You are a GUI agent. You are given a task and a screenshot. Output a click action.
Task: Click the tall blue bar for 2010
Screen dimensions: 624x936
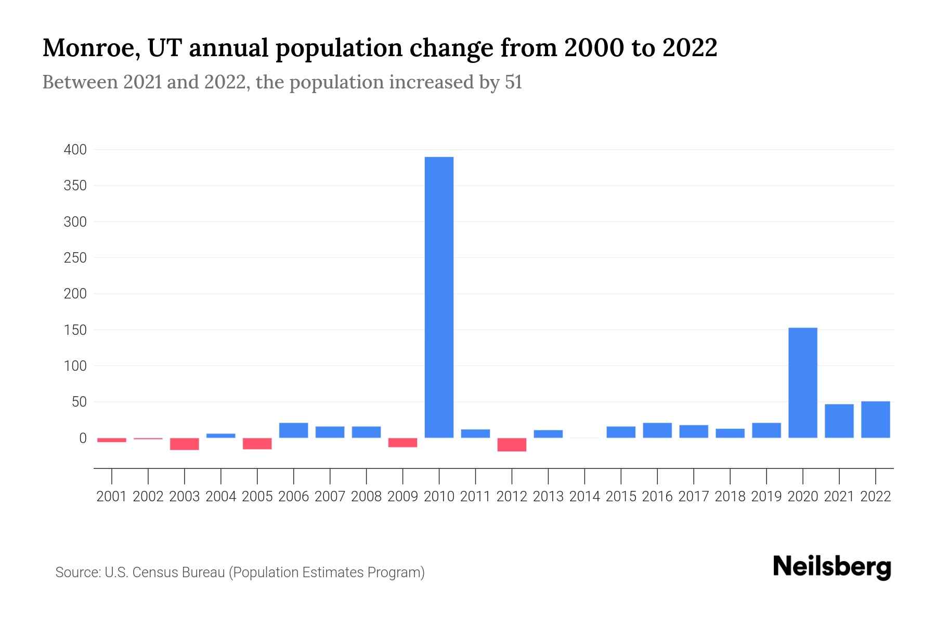point(439,297)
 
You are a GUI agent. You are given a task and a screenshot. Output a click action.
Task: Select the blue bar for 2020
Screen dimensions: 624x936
point(803,383)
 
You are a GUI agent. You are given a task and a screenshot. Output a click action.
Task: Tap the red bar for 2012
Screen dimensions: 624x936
point(512,445)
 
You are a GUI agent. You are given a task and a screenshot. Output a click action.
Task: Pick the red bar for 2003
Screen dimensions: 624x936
point(185,444)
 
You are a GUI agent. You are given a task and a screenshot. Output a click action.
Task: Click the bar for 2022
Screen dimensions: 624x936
point(876,420)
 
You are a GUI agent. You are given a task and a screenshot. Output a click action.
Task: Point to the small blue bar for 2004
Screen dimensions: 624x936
point(221,436)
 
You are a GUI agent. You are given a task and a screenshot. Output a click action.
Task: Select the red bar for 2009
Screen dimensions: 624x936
point(403,443)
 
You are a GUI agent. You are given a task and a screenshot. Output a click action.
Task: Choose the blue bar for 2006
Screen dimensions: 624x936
point(294,430)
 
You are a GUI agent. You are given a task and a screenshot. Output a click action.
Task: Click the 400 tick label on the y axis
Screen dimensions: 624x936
point(75,150)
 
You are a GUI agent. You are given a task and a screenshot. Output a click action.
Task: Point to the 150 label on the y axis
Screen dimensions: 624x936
point(75,330)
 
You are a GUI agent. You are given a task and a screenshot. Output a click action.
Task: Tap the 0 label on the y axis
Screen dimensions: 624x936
point(82,438)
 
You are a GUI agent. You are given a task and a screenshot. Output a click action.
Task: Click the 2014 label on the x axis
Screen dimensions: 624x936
point(584,497)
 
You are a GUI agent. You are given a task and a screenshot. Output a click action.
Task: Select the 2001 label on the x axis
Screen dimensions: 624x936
point(112,497)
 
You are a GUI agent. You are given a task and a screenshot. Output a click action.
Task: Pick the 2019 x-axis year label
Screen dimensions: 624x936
point(766,497)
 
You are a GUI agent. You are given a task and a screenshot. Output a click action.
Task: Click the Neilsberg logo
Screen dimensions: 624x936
point(832,567)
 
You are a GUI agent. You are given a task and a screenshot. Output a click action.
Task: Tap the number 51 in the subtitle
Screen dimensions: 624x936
point(513,82)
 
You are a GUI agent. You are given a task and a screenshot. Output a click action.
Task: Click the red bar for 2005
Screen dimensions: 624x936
point(257,444)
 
